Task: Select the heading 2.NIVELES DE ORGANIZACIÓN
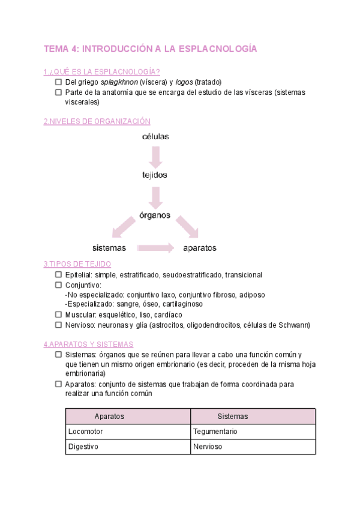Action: (97, 121)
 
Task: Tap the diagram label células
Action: (155, 136)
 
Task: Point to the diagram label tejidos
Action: (155, 175)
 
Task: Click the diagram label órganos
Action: (155, 214)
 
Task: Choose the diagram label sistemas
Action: (109, 247)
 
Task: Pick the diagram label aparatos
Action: (200, 247)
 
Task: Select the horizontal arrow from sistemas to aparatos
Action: (155, 247)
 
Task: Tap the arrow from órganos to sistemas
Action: (124, 228)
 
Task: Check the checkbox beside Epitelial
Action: (58, 275)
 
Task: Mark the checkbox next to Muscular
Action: (58, 315)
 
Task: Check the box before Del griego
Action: (58, 82)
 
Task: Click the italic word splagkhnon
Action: (119, 82)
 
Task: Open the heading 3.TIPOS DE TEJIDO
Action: (77, 264)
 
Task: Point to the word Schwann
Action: (296, 325)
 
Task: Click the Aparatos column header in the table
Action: (110, 416)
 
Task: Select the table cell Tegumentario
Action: (215, 432)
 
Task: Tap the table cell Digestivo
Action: (83, 447)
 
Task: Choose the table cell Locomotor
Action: (85, 432)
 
